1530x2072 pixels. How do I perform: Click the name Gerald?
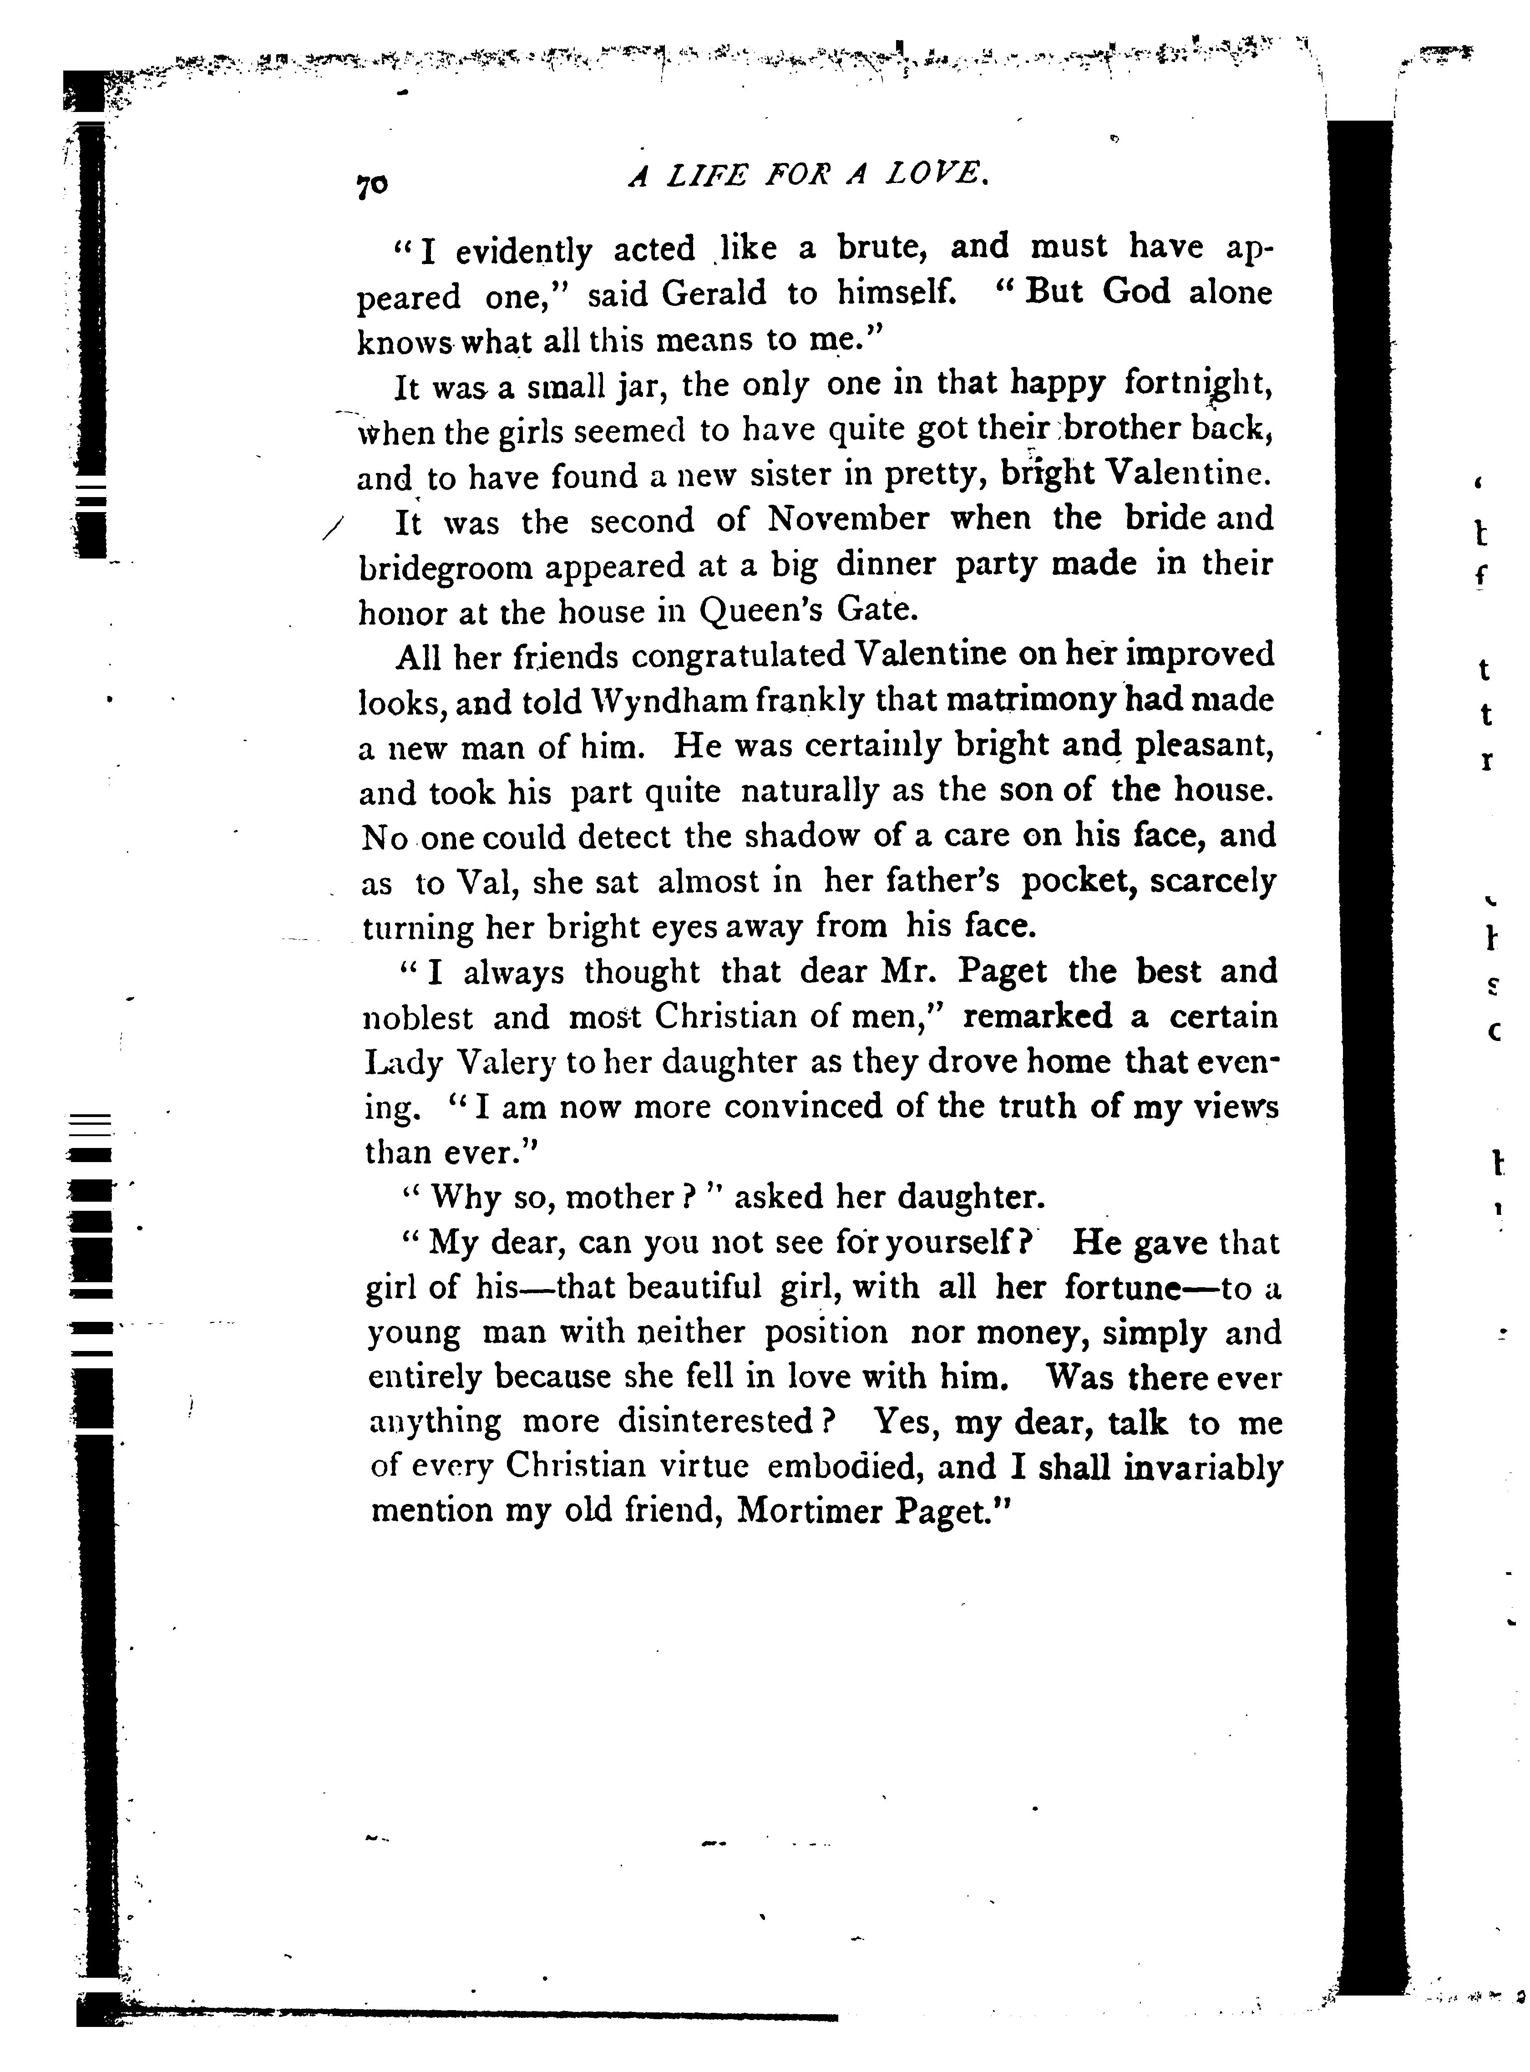pyautogui.click(x=714, y=295)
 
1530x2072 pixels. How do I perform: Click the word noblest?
pyautogui.click(x=418, y=1018)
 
